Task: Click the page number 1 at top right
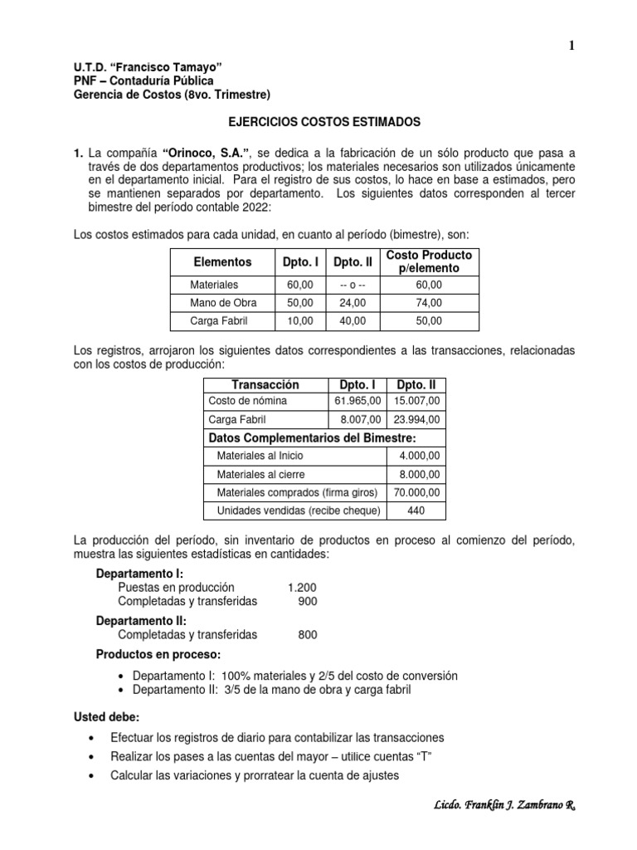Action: pos(571,46)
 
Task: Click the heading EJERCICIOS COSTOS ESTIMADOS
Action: pos(324,122)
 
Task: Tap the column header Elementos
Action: pos(221,261)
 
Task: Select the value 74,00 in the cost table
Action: pos(429,302)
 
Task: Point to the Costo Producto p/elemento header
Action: pos(429,261)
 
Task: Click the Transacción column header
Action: pos(265,385)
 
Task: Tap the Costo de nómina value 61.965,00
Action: pos(356,402)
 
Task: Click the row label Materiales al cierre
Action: pos(260,474)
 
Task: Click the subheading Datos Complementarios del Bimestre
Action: pos(312,438)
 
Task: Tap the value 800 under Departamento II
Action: pos(308,635)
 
